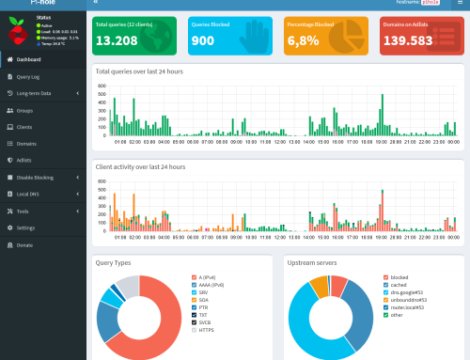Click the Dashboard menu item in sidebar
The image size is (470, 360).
pos(29,59)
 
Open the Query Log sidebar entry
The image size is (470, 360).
pos(29,76)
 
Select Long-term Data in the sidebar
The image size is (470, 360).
pos(35,93)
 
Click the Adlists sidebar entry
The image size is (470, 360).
pos(24,161)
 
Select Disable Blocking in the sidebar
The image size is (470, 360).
pos(37,178)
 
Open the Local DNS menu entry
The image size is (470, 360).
pos(29,195)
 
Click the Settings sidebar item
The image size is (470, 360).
pos(25,228)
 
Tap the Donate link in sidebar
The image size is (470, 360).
pos(24,245)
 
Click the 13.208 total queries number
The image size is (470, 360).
pos(117,41)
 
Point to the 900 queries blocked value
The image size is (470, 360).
pos(201,41)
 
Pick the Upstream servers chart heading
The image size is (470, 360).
pos(314,263)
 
